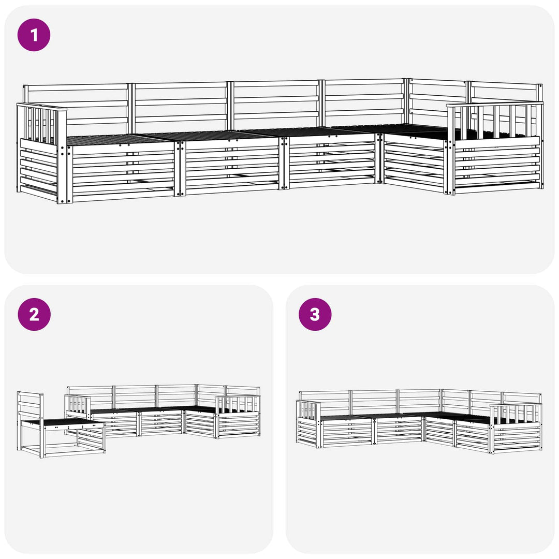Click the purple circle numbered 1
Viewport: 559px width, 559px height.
[x=34, y=35]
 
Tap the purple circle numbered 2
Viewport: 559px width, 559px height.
[x=34, y=315]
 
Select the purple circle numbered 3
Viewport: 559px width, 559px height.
[x=315, y=315]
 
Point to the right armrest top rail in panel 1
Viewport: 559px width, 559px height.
[x=495, y=104]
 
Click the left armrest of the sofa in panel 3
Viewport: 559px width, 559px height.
[x=309, y=422]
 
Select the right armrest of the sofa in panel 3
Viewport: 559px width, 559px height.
[x=516, y=428]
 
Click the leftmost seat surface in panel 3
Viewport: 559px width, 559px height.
[x=346, y=418]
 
